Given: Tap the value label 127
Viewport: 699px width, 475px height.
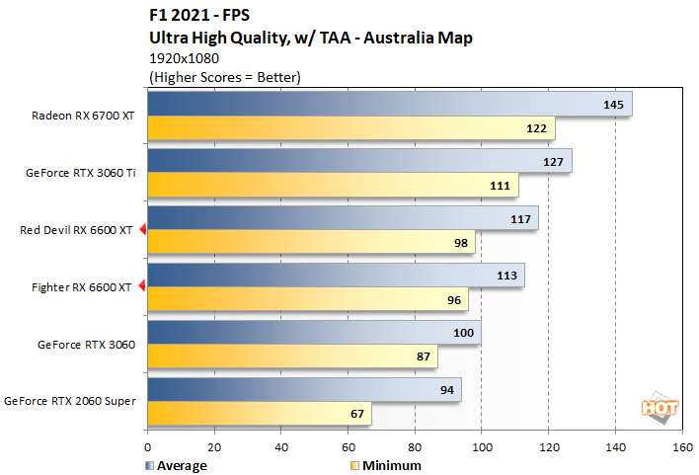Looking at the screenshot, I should pyautogui.click(x=552, y=161).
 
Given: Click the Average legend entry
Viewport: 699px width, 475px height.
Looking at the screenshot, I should pyautogui.click(x=179, y=465).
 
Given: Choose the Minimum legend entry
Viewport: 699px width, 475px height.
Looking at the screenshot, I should pyautogui.click(x=385, y=465).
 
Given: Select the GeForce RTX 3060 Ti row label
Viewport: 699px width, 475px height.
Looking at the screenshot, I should pyautogui.click(x=82, y=173).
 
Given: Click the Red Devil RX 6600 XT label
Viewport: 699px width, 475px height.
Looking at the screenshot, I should pyautogui.click(x=76, y=230).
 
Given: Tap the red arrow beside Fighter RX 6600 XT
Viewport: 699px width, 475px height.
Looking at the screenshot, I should pyautogui.click(x=142, y=287).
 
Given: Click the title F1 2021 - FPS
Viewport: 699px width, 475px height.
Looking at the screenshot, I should pyautogui.click(x=200, y=17).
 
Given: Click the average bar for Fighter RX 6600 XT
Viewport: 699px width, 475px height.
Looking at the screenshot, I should pyautogui.click(x=336, y=276).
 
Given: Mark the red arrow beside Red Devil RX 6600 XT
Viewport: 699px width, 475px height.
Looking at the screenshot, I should pyautogui.click(x=142, y=230).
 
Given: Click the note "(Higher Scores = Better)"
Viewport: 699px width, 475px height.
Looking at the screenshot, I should pyautogui.click(x=223, y=76).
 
